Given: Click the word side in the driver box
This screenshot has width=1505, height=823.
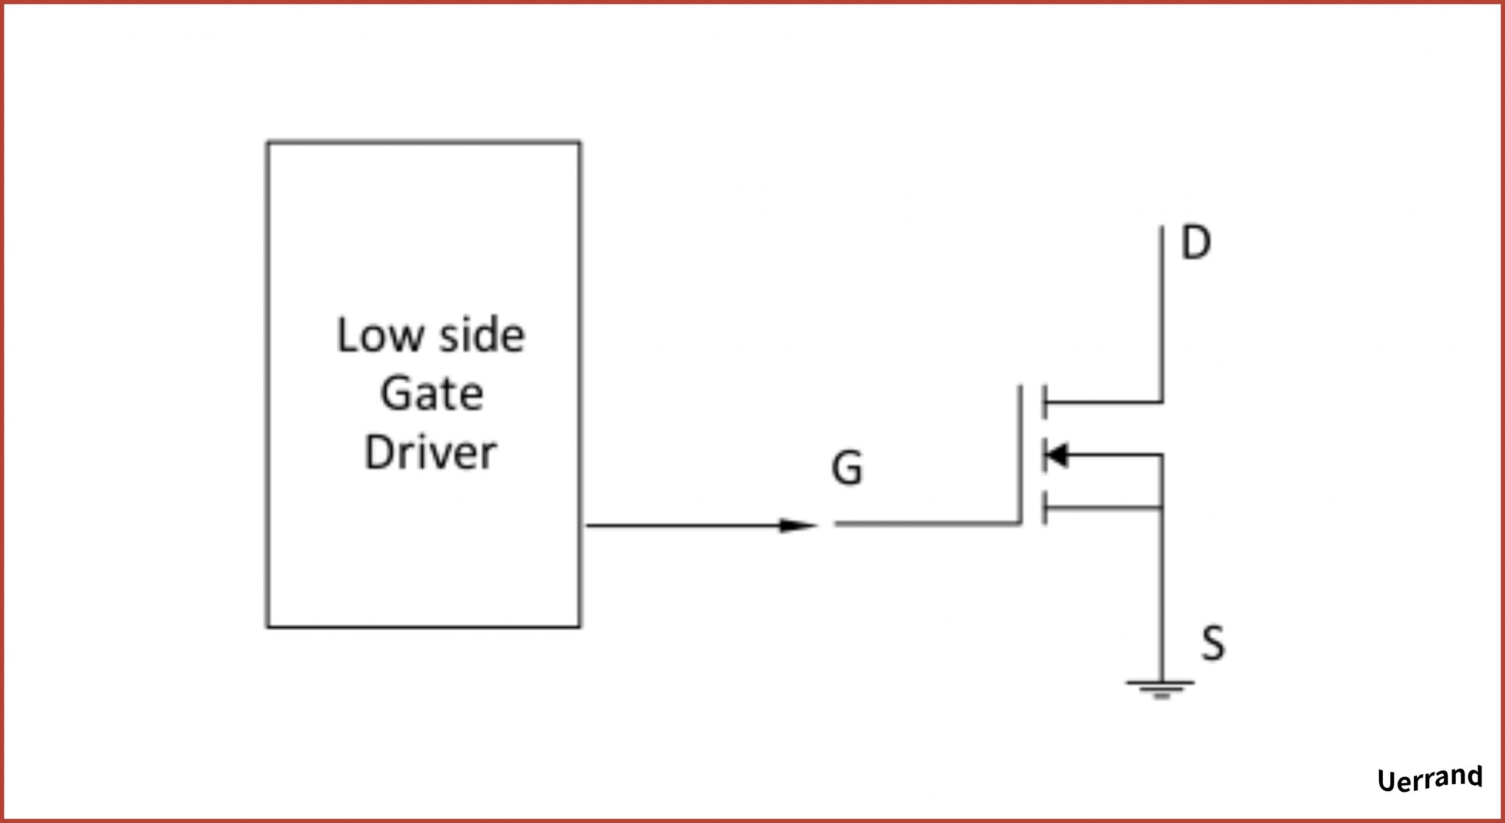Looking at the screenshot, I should pos(481,336).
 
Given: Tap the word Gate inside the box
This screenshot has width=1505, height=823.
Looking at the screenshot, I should pos(432,393).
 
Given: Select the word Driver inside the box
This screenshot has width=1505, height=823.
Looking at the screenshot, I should pos(430,452).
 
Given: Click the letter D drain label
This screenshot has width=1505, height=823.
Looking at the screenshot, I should pos(1196,243).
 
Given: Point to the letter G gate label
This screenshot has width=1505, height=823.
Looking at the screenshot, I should pos(847,469).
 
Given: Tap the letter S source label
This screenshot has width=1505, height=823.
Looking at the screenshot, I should pos(1213,643).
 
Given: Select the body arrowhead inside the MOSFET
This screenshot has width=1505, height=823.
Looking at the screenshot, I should pos(1057,454).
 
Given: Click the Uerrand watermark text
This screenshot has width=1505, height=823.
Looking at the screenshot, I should pos(1430,779).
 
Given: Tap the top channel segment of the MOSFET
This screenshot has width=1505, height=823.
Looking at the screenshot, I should pos(1044,403).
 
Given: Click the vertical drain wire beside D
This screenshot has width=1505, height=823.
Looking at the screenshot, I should pos(1162,312).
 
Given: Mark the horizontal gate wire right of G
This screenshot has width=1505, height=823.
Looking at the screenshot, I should pos(929,523).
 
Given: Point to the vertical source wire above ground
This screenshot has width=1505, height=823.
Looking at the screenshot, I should pos(1161,594).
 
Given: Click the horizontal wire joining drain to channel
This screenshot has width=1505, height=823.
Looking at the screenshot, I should pos(1105,403).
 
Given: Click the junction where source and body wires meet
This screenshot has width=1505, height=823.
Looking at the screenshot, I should pos(1161,507).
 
